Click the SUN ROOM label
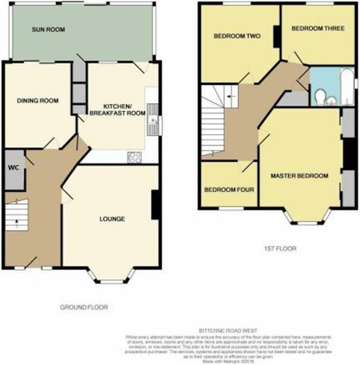(x=48, y=29)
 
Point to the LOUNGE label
(x=112, y=219)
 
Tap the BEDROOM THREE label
(x=318, y=29)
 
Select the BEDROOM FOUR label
(x=229, y=190)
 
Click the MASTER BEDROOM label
(x=299, y=176)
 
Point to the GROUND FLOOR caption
(x=84, y=307)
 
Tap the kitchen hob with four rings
(x=135, y=157)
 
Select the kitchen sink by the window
(x=154, y=119)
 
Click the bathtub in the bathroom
(x=347, y=87)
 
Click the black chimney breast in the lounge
(x=155, y=205)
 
